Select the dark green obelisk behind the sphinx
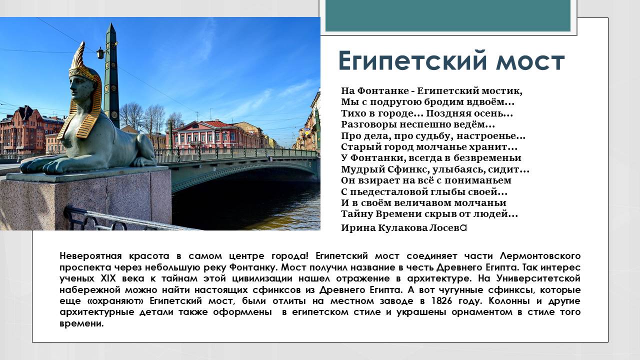(x=111, y=75)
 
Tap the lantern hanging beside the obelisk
(x=100, y=53)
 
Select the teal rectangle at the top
(x=447, y=16)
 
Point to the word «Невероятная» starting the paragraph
(x=90, y=255)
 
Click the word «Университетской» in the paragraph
(x=536, y=278)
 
